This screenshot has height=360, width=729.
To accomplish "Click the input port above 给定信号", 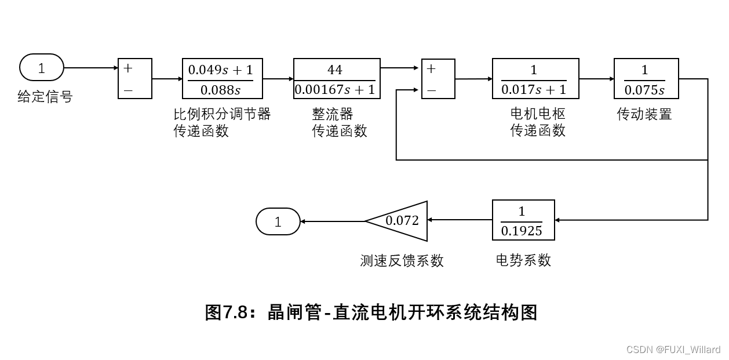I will coord(42,68).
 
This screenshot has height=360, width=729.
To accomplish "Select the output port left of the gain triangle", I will coord(278,221).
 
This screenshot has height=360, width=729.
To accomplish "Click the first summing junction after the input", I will coord(135,78).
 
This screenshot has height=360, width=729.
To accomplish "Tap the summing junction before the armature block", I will coord(438,78).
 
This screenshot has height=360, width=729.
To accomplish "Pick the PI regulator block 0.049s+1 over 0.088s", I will coord(222,78).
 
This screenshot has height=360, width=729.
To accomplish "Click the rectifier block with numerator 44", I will coord(337,78).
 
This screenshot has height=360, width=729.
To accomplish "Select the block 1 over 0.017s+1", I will coord(535,78).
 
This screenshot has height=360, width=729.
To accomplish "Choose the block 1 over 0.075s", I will coord(646,78).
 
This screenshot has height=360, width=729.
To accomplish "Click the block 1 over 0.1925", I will coord(523,220).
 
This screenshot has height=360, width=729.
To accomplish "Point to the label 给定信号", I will coord(45,97).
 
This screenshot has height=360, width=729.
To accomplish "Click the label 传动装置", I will coord(644,114).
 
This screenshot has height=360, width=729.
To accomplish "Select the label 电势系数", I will coord(523,260).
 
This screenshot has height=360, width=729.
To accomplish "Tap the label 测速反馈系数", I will coord(402,261).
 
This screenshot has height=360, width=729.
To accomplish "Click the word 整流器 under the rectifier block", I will coord(333,114).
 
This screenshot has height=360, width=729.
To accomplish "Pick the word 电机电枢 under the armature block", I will coord(537,114).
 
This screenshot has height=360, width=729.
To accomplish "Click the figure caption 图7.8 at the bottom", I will coord(371,312).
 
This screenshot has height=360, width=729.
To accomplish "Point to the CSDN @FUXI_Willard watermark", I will coord(673,350).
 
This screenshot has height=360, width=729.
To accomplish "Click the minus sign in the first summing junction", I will coord(128,90).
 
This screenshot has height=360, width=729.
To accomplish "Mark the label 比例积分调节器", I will coord(222,114).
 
